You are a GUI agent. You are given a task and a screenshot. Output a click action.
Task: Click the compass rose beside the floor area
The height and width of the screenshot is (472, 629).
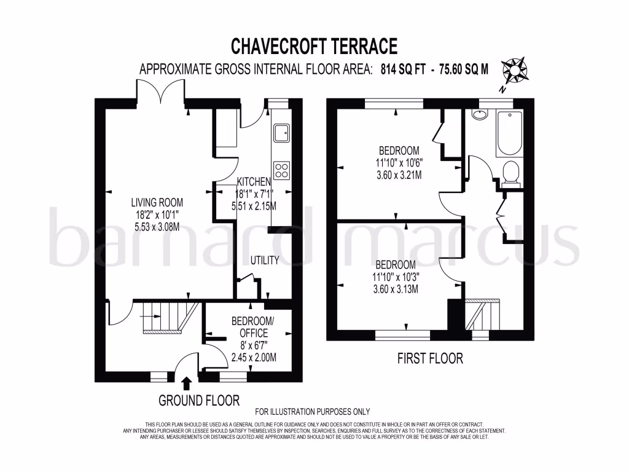click(x=515, y=71)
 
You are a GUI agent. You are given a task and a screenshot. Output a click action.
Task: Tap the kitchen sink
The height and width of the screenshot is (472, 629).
click(x=281, y=133)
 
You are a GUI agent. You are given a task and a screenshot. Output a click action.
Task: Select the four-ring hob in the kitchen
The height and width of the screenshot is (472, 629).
click(x=281, y=170)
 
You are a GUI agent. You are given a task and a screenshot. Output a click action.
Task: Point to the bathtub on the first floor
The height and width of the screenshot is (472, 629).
click(x=509, y=133)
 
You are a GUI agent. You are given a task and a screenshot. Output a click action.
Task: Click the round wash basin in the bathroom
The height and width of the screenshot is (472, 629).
click(x=480, y=114)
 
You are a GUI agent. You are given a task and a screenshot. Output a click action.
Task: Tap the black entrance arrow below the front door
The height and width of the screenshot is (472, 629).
click(x=187, y=383)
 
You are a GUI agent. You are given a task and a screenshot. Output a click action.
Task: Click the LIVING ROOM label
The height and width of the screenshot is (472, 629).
click(x=157, y=202)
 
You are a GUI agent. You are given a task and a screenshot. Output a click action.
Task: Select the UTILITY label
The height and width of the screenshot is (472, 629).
click(x=265, y=261)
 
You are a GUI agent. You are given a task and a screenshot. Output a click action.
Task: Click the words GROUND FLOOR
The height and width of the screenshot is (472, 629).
click(x=199, y=401)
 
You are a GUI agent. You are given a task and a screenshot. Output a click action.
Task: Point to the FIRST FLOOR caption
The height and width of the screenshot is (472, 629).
click(x=430, y=358)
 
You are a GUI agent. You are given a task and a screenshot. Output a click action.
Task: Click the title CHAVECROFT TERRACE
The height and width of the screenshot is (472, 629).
click(x=314, y=46)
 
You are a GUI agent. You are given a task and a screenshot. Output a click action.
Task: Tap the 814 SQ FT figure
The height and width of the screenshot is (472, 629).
click(x=403, y=69)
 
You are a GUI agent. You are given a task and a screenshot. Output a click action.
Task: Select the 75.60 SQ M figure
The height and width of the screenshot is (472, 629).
click(x=464, y=69)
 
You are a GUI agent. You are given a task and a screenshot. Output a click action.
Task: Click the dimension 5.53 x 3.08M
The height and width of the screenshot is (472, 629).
click(x=157, y=227)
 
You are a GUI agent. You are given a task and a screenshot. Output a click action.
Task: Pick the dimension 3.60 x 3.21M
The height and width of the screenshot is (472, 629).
click(x=399, y=175)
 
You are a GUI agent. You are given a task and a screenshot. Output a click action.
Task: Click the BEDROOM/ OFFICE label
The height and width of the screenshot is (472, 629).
click(x=253, y=327)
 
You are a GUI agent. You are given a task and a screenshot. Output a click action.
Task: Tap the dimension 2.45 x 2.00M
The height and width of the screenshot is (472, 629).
click(x=254, y=357)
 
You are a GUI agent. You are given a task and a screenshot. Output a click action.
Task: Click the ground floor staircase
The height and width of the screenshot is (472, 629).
click(x=171, y=318)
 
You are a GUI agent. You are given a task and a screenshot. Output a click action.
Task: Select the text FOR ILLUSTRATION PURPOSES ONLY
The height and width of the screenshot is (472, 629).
click(x=313, y=412)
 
